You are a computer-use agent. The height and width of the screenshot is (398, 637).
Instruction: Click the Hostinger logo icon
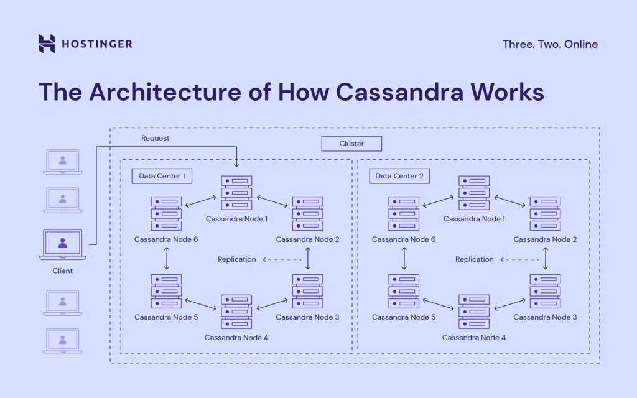[x=47, y=44]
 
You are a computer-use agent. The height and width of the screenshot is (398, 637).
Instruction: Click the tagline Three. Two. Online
[x=550, y=44]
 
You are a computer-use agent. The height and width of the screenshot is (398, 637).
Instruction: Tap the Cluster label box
[x=351, y=144]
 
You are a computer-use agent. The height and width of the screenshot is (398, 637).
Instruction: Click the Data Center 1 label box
[x=162, y=176]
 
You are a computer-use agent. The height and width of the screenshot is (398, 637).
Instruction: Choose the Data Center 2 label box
[x=399, y=176]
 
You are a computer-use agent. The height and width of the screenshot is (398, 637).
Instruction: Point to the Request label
[x=155, y=138]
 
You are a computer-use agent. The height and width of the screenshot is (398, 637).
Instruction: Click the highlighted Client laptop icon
[x=62, y=244]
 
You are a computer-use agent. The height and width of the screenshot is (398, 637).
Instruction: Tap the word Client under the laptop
[x=62, y=271]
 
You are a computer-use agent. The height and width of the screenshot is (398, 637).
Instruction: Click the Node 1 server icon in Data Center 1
[x=236, y=192]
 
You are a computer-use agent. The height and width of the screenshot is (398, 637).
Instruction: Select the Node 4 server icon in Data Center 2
[x=474, y=312]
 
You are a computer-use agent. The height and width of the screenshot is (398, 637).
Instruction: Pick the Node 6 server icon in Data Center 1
[x=166, y=213]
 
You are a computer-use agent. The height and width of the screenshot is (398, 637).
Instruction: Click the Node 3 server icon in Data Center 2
[x=545, y=291]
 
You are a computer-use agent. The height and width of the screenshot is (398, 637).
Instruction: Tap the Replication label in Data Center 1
[x=236, y=259]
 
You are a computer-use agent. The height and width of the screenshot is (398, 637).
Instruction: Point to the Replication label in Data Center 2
[x=474, y=259]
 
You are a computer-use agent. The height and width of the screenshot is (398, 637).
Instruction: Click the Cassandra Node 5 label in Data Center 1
[x=166, y=317]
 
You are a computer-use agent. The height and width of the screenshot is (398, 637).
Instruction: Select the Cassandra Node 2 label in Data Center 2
[x=545, y=239]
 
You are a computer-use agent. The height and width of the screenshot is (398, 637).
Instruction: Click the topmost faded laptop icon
[x=62, y=161]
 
